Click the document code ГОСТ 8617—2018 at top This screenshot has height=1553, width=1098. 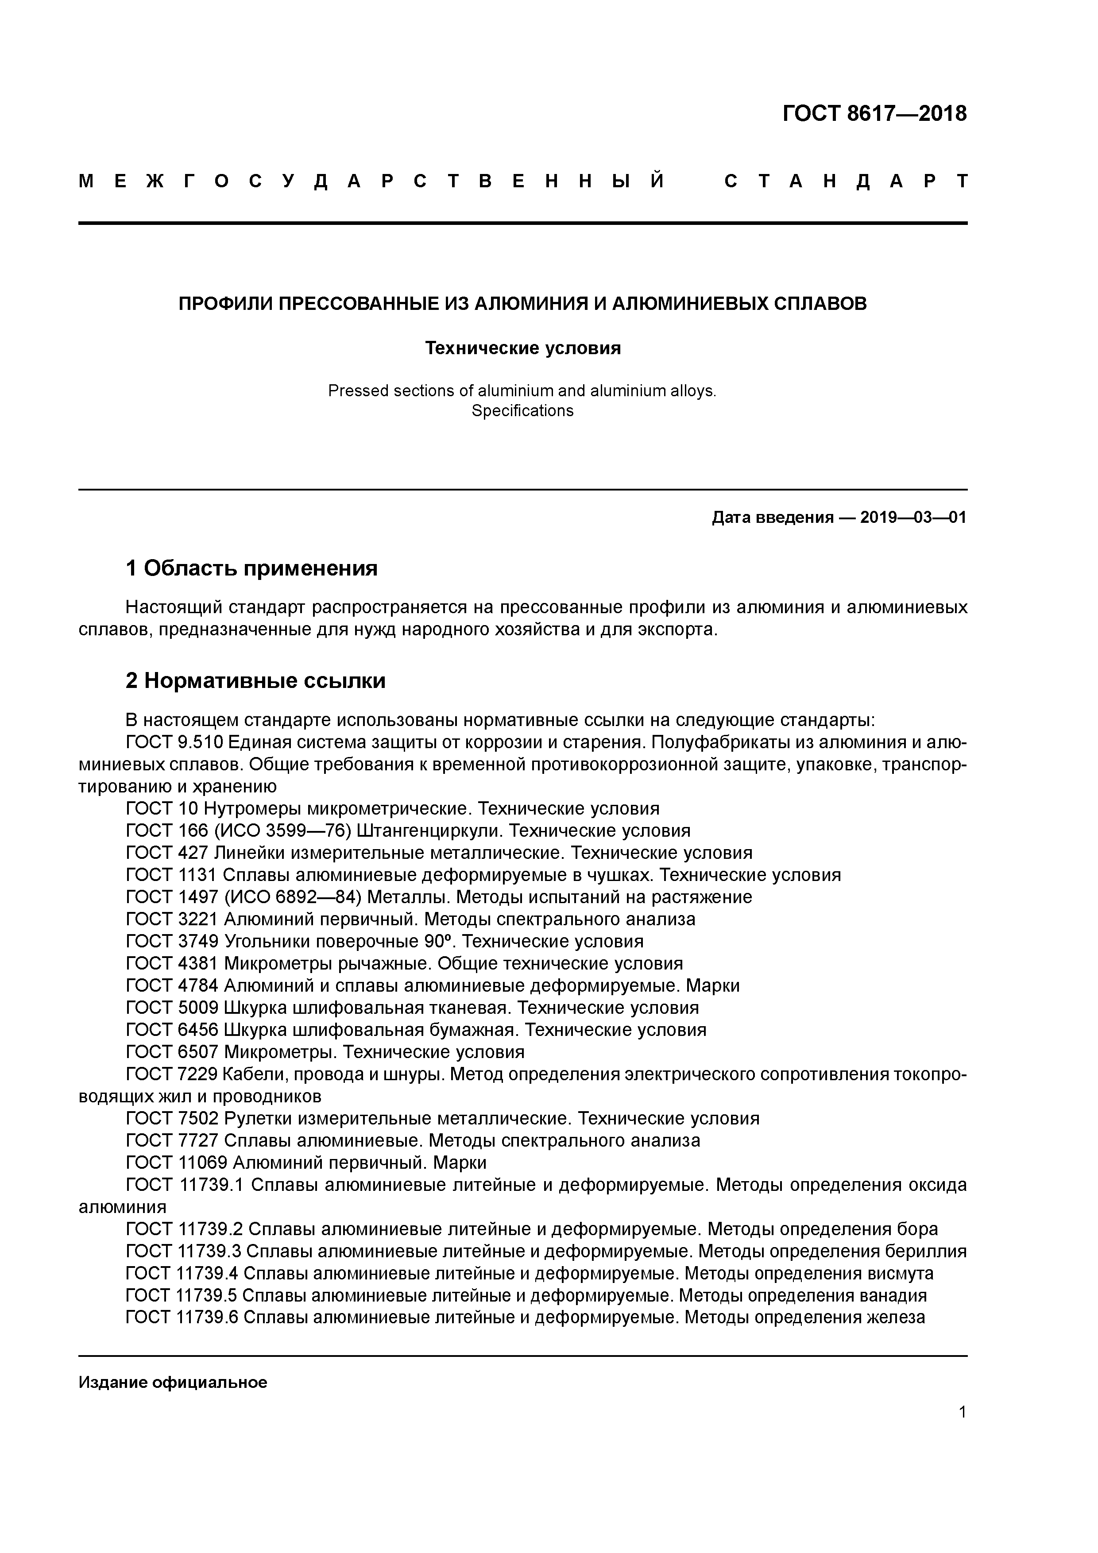[874, 114]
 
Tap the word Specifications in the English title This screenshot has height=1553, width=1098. [522, 410]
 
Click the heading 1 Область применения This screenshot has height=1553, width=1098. [251, 568]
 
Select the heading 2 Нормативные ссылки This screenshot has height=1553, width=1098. [256, 680]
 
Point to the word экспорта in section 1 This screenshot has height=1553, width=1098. [677, 629]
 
